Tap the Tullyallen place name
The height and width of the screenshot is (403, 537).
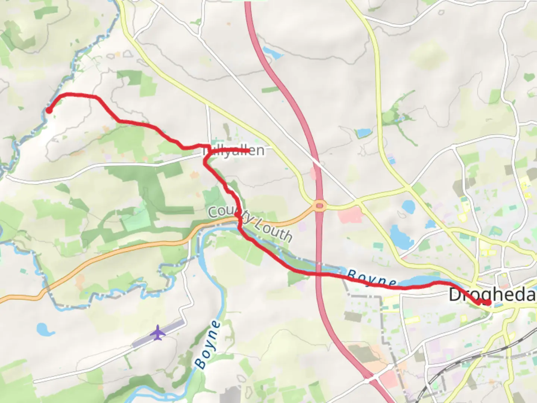[233, 151]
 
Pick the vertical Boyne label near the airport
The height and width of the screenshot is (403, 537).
[207, 345]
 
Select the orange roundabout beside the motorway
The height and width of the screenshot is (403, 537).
[320, 206]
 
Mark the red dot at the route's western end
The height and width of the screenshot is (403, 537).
[49, 110]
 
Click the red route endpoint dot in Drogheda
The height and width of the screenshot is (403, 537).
[488, 302]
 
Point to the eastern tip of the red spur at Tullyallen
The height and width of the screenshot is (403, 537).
[248, 150]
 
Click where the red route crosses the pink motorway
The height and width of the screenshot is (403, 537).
[318, 274]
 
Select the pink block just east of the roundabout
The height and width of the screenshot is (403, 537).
[350, 215]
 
